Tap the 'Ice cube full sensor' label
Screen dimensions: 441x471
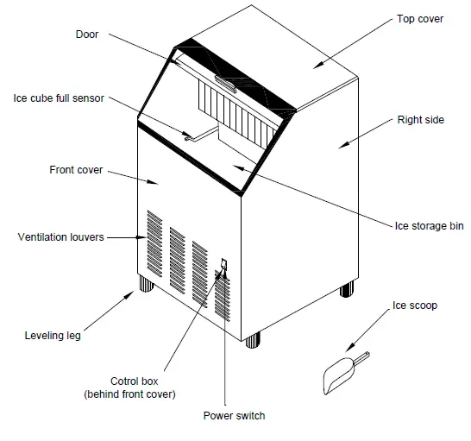(58, 98)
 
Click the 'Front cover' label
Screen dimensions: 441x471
(76, 170)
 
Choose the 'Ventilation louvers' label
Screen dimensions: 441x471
(60, 236)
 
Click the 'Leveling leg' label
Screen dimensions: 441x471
(53, 336)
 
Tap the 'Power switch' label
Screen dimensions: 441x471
(234, 416)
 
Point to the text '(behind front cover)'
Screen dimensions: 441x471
(129, 394)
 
